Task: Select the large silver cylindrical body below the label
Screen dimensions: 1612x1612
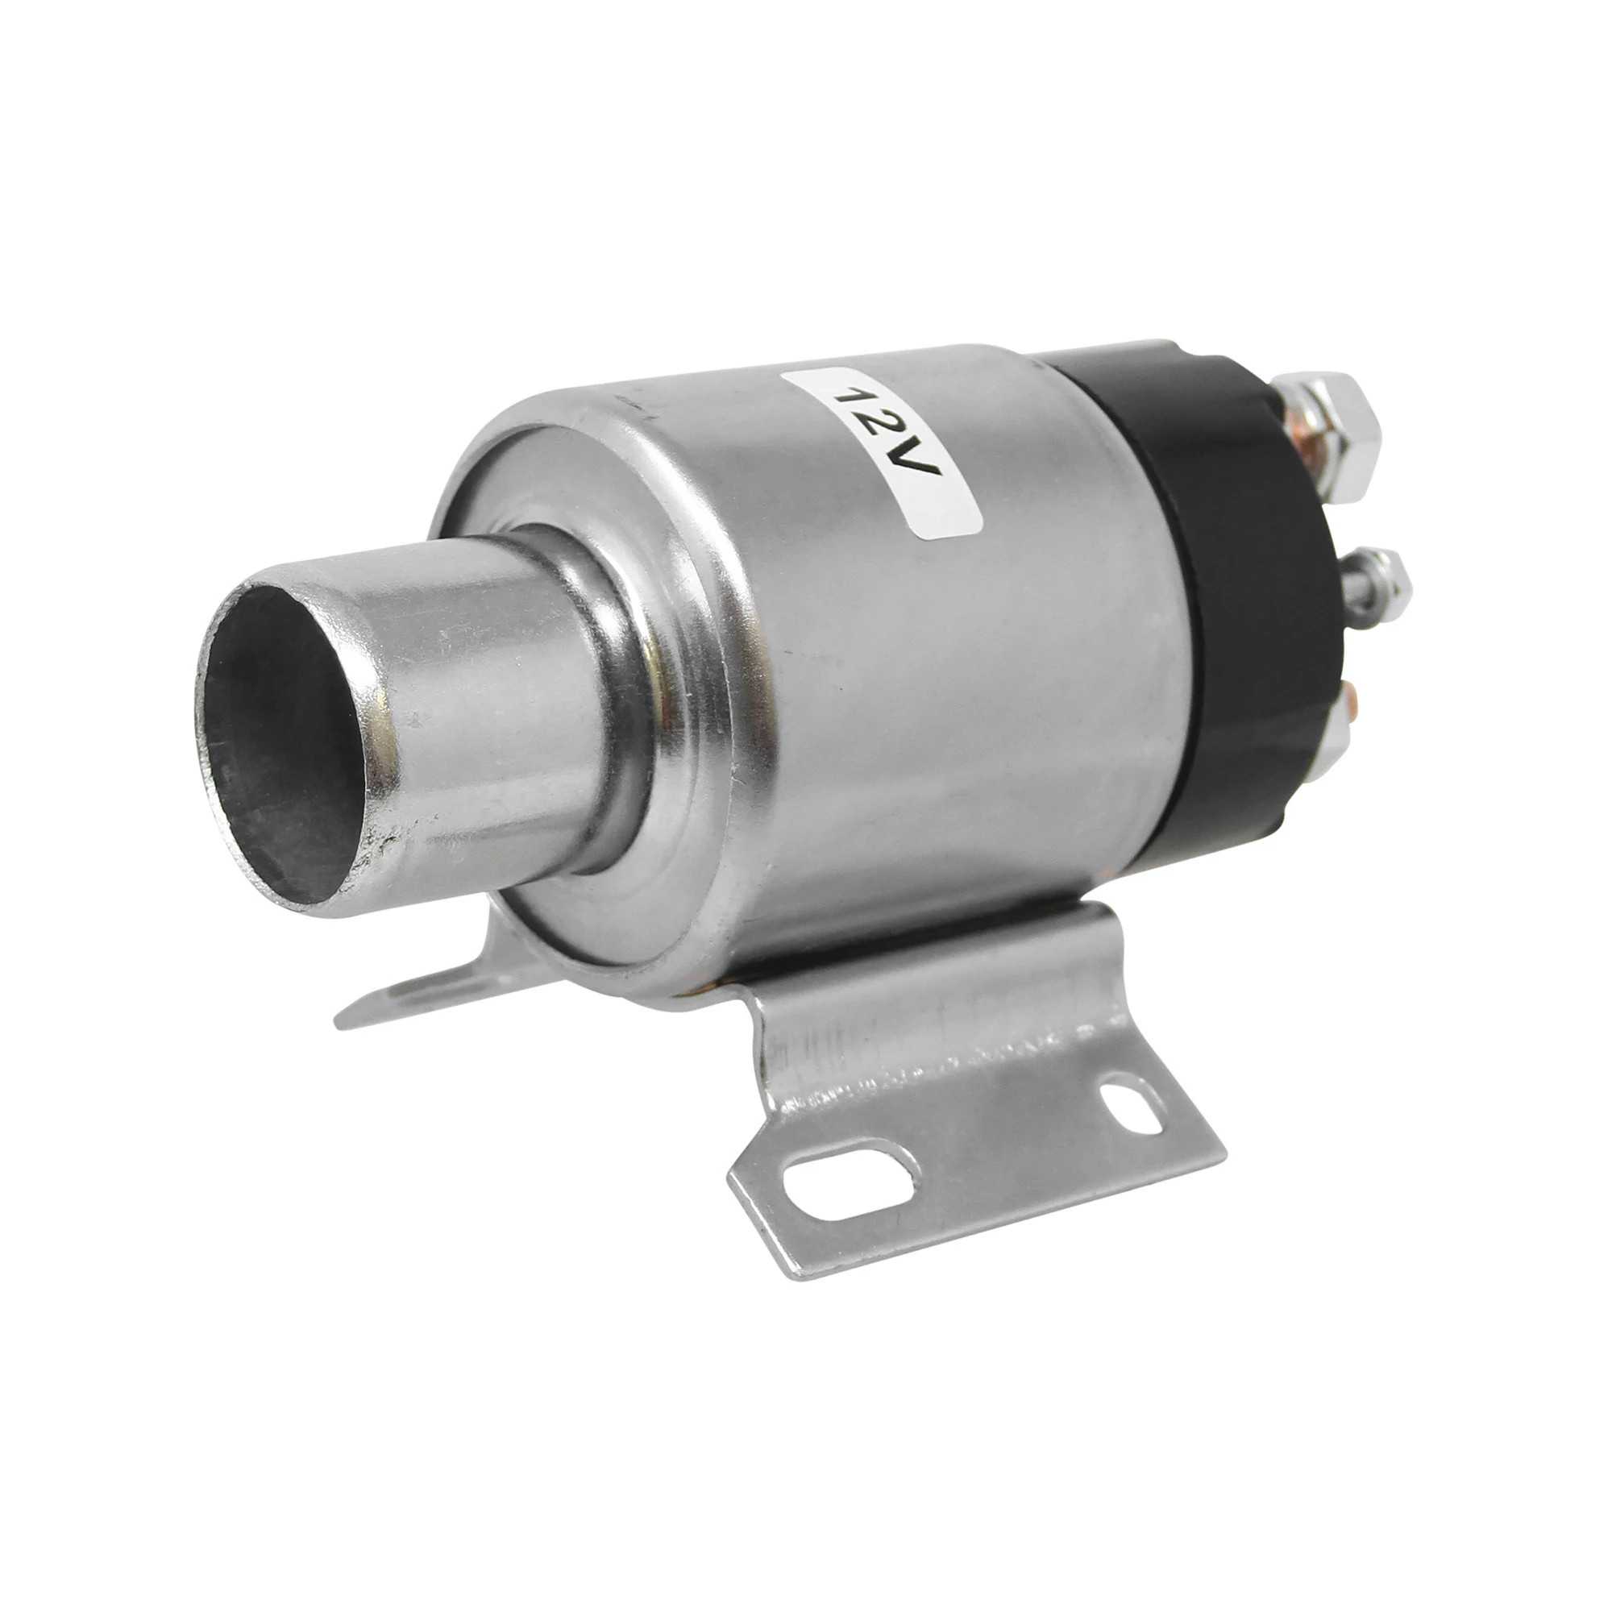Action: (x=918, y=709)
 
